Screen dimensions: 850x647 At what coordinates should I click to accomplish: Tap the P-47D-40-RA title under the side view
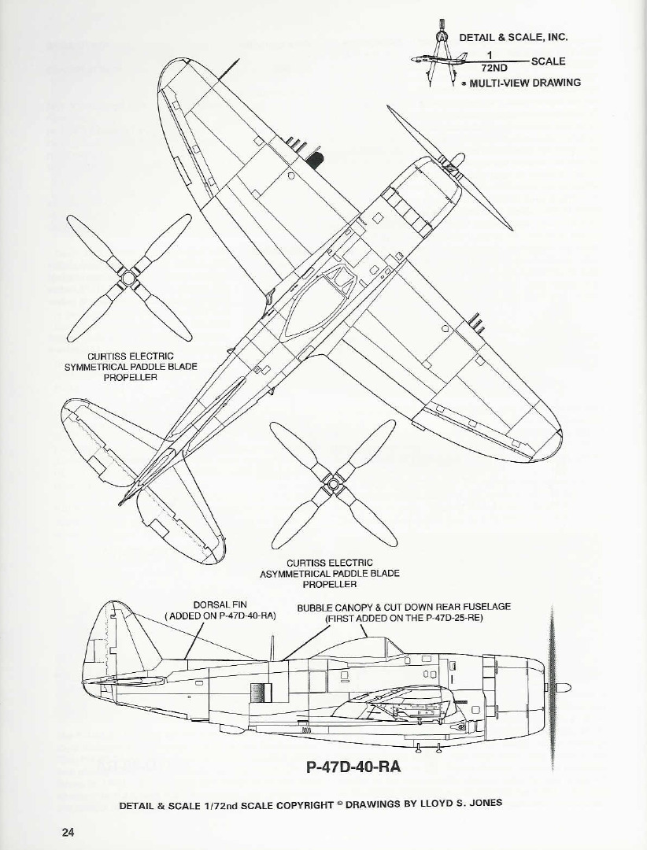click(x=353, y=767)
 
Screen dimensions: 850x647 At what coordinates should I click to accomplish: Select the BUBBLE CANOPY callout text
click(x=404, y=607)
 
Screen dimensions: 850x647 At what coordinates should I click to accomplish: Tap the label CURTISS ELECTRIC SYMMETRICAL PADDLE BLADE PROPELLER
click(x=131, y=367)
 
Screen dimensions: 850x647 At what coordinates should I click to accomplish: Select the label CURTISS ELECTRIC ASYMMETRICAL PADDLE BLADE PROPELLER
click(x=330, y=573)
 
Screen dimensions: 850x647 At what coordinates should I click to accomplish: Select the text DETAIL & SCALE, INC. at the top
click(x=513, y=37)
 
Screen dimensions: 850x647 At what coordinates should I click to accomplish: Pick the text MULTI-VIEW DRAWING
click(x=525, y=83)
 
